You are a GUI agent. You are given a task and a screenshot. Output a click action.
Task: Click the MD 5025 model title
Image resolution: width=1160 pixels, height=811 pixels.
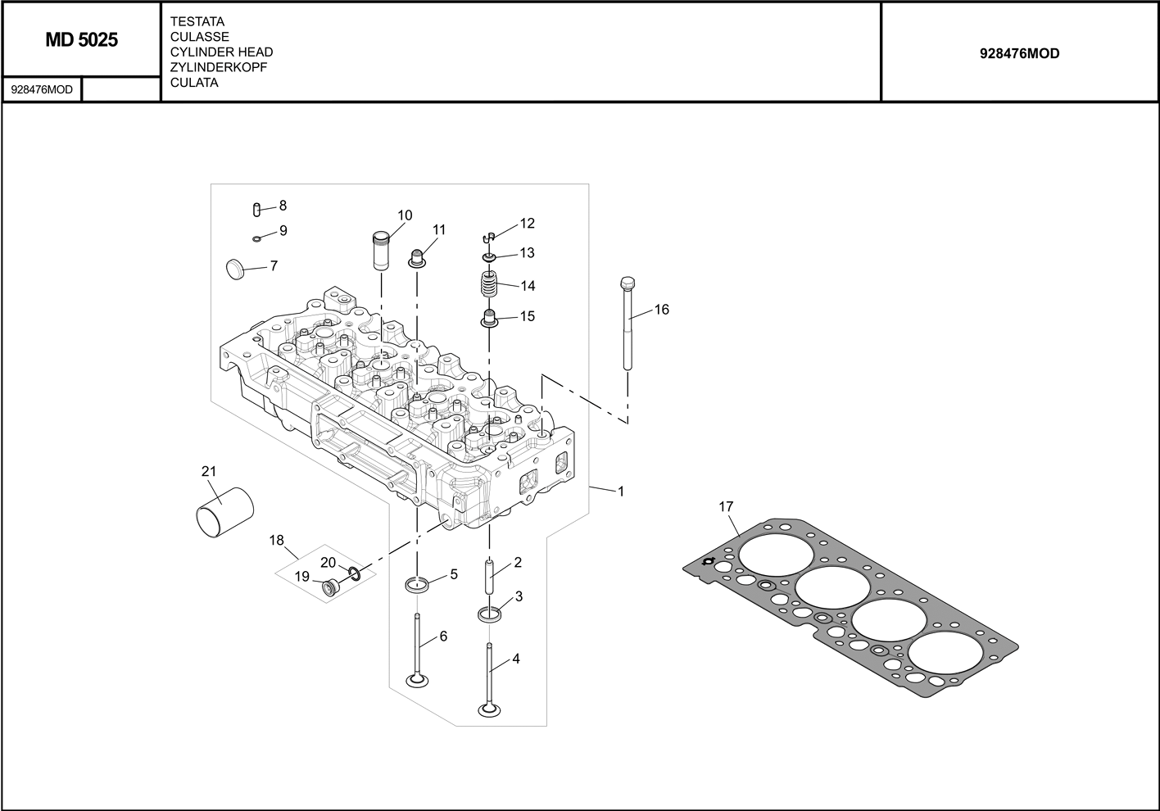tap(81, 40)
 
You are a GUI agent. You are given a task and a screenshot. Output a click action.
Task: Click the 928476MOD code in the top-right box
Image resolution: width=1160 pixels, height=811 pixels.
tap(1019, 53)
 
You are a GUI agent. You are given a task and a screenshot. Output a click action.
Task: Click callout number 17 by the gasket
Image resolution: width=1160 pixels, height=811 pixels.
tap(726, 507)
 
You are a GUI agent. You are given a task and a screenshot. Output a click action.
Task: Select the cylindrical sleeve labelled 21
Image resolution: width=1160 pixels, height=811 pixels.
tap(224, 514)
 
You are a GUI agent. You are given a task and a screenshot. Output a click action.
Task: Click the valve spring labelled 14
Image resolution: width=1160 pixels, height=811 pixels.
tap(489, 287)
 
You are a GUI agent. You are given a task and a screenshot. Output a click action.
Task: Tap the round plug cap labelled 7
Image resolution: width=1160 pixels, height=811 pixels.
tap(234, 267)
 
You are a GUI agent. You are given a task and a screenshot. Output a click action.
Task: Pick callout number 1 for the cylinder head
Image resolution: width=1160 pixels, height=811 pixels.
tap(620, 492)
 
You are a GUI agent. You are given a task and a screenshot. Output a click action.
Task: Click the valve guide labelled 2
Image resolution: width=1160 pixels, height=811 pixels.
tap(490, 578)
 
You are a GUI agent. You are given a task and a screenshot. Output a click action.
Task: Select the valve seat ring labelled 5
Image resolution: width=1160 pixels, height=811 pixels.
tap(417, 584)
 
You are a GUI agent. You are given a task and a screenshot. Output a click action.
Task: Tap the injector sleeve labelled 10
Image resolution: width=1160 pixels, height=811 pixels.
tap(381, 251)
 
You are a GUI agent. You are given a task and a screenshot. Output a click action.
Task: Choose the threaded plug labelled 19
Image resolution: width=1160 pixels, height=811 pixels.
tap(331, 587)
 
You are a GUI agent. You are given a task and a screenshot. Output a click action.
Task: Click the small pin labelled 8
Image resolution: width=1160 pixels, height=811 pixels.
tap(257, 209)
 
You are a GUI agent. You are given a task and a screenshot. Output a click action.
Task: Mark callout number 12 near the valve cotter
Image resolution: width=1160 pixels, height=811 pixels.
tap(527, 223)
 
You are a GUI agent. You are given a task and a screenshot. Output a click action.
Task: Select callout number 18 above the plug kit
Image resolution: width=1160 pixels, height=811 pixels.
tap(277, 540)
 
